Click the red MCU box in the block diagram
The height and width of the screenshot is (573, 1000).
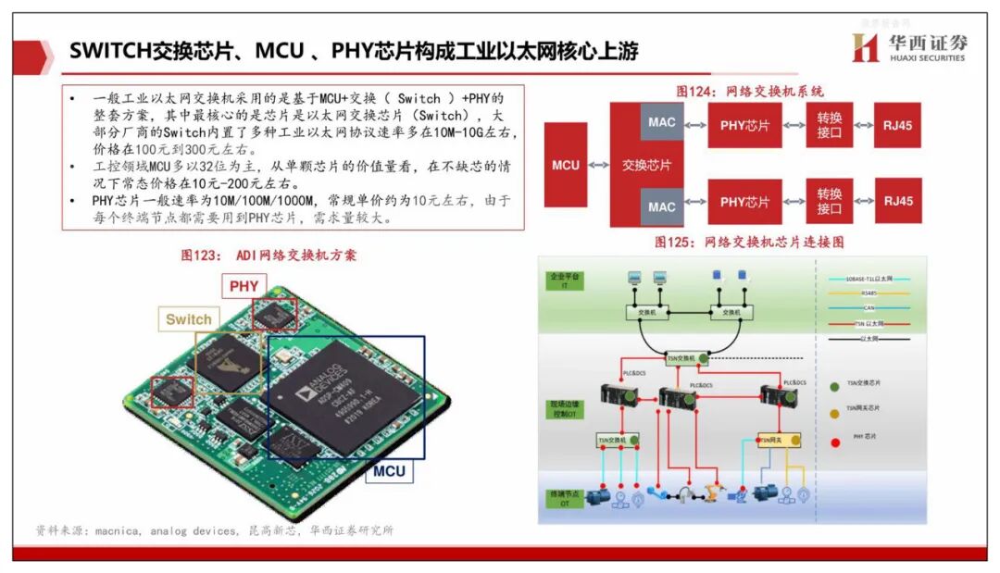click(x=566, y=165)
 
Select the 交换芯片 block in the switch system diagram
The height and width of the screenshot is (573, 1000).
click(x=646, y=165)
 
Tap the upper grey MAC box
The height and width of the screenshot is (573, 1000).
click(x=662, y=122)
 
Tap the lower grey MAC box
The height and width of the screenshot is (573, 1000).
click(x=662, y=206)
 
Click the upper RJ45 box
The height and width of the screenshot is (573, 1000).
click(x=897, y=125)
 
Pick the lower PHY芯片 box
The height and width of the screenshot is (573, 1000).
click(x=745, y=201)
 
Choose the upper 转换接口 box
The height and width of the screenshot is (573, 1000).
click(x=830, y=125)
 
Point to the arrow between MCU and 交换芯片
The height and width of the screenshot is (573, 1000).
click(x=598, y=165)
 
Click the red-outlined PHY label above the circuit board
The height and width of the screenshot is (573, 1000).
click(x=244, y=287)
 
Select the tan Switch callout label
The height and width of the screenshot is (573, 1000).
click(x=189, y=320)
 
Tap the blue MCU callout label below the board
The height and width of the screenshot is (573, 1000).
click(x=389, y=471)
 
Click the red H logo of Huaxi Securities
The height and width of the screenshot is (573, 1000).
click(x=865, y=48)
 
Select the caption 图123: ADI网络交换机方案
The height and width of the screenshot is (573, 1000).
click(x=269, y=255)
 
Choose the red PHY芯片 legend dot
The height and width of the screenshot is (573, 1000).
click(x=835, y=442)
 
